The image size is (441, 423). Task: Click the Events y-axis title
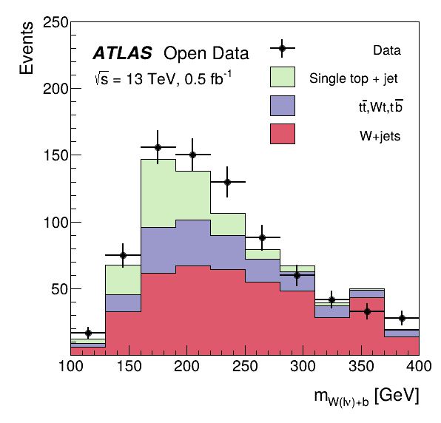click(x=26, y=48)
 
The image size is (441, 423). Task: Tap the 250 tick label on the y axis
click(x=55, y=22)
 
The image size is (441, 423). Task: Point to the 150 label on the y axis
click(x=56, y=155)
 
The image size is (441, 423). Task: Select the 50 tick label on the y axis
click(x=60, y=289)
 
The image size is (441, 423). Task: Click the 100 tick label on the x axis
click(x=71, y=366)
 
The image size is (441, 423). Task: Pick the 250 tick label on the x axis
click(x=245, y=366)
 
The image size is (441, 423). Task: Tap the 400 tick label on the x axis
click(x=419, y=366)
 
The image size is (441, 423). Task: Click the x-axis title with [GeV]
click(x=366, y=397)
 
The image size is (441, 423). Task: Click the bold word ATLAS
click(x=123, y=53)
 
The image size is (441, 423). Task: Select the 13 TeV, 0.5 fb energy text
click(x=163, y=78)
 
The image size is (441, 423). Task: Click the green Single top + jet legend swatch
click(x=283, y=77)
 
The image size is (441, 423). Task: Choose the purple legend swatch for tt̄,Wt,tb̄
click(x=283, y=106)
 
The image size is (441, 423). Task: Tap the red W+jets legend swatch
click(x=283, y=134)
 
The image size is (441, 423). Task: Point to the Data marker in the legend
click(x=282, y=48)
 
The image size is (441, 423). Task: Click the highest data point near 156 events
click(x=158, y=147)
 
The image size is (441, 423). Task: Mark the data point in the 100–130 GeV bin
click(x=88, y=333)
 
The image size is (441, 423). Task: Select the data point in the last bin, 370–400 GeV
click(x=402, y=318)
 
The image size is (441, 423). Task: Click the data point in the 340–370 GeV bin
click(x=367, y=311)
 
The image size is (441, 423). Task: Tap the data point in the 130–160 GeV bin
click(x=123, y=255)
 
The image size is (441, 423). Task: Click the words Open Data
click(x=206, y=53)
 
